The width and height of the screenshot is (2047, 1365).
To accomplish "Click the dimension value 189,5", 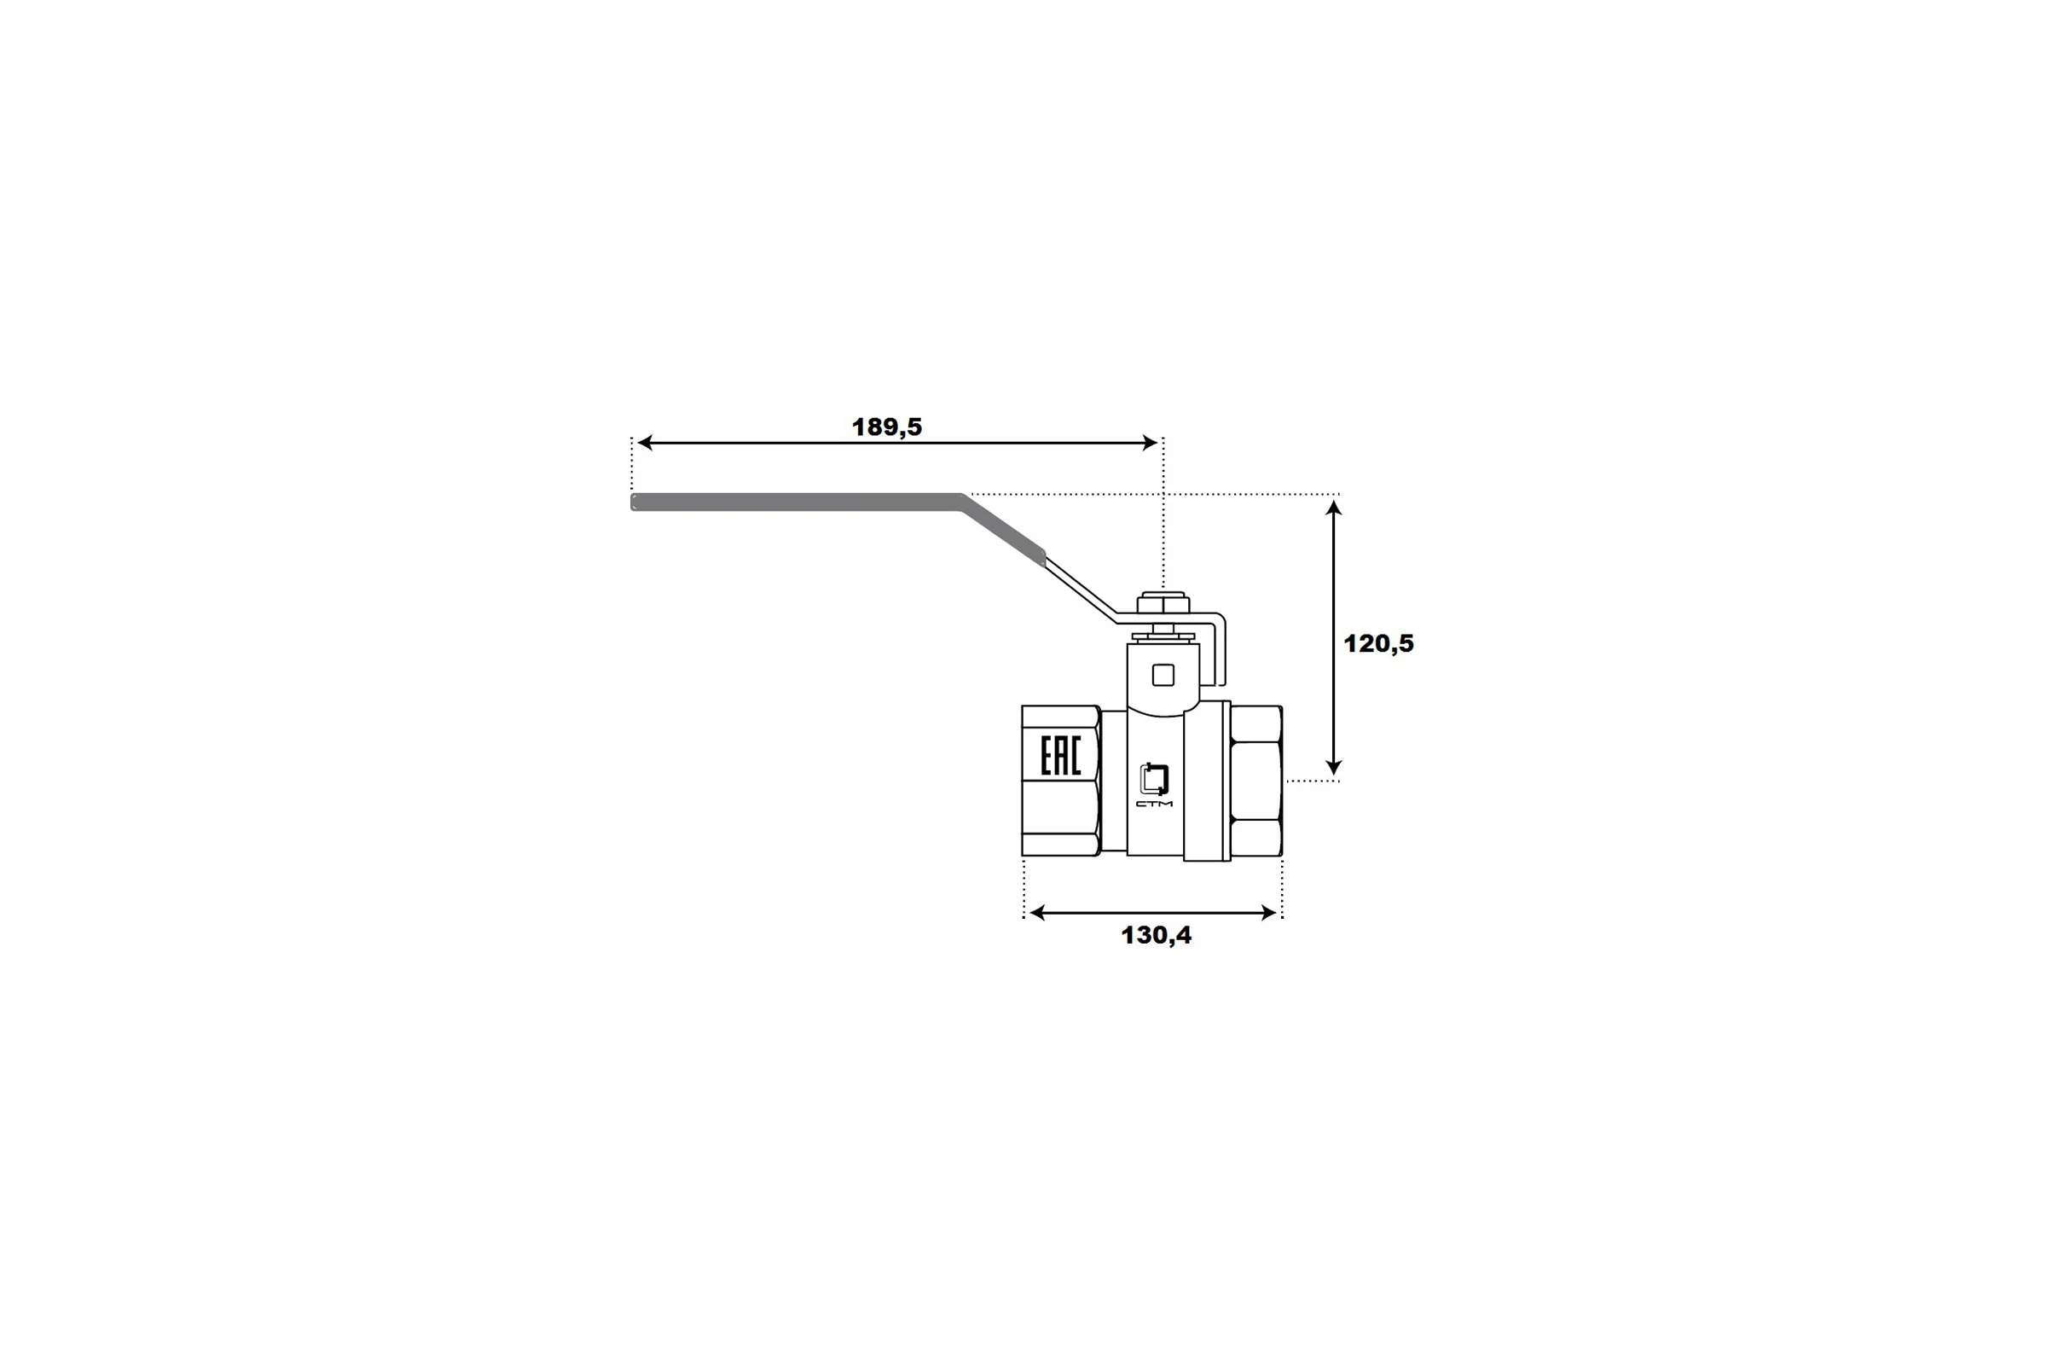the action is click(886, 427).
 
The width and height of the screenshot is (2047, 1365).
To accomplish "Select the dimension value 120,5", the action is click(1378, 643).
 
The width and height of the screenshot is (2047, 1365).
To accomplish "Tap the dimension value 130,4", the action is click(1156, 935).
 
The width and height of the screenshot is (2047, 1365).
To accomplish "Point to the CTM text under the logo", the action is click(1154, 804).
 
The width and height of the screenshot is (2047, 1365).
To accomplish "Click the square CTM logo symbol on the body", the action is click(1154, 778).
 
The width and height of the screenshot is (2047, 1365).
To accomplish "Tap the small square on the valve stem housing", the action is click(1163, 675).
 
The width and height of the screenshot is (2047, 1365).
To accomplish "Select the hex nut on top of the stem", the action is click(1163, 602).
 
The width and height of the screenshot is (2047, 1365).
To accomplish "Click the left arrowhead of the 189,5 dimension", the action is click(645, 442).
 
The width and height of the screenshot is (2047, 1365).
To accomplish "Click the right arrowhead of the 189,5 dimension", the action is click(1150, 442).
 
